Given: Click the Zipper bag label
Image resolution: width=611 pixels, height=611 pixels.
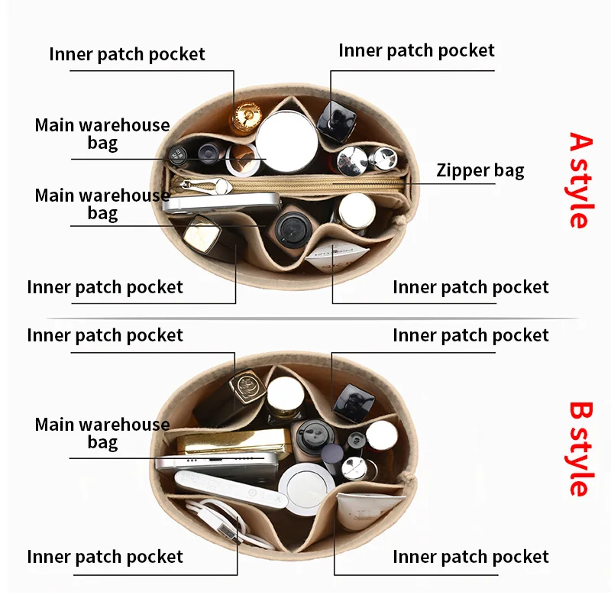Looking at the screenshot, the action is pyautogui.click(x=480, y=170).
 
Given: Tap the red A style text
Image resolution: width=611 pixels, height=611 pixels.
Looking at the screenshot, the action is pyautogui.click(x=580, y=180).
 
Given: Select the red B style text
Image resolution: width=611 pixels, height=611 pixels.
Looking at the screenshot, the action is pyautogui.click(x=580, y=448).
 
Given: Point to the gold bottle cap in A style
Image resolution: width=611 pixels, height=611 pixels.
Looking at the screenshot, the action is pyautogui.click(x=247, y=115).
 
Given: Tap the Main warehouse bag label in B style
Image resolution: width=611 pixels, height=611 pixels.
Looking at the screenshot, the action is pyautogui.click(x=102, y=433).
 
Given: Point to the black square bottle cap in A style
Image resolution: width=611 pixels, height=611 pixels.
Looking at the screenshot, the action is pyautogui.click(x=337, y=117).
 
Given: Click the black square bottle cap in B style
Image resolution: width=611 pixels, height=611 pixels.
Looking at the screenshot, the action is pyautogui.click(x=353, y=400).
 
